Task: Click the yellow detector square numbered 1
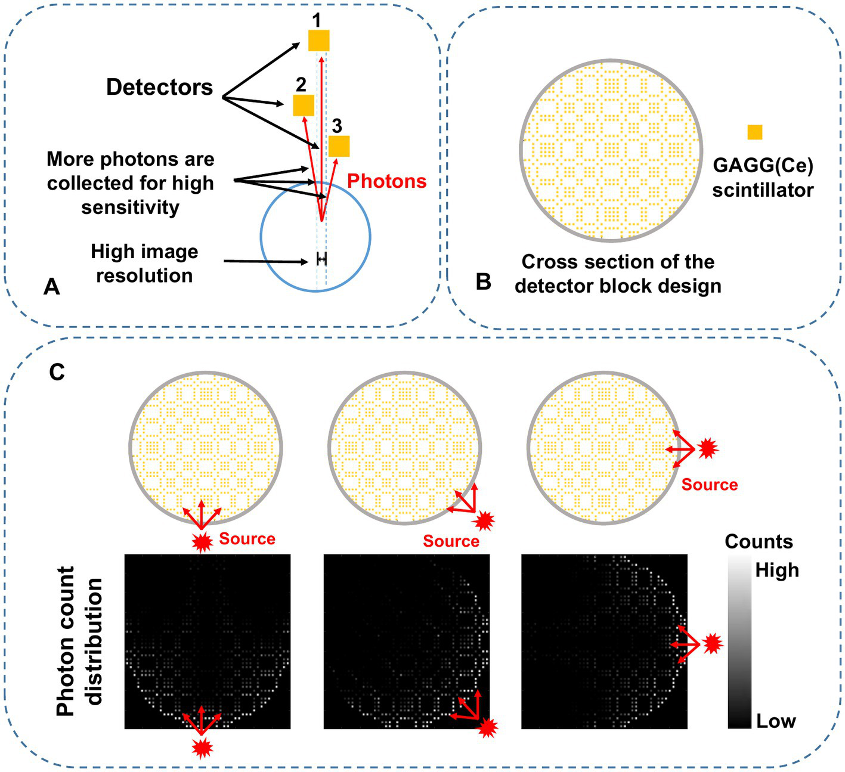[x=318, y=41]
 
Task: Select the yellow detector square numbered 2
[x=304, y=106]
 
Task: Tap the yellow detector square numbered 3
[x=339, y=146]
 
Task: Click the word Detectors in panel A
[x=159, y=88]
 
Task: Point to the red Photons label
[x=386, y=181]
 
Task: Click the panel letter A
[x=52, y=287]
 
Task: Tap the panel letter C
[x=57, y=372]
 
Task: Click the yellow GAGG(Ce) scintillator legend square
[x=754, y=132]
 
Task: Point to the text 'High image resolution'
[x=144, y=263]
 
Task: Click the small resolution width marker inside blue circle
[x=321, y=259]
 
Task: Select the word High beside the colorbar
[x=776, y=571]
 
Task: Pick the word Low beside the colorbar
[x=776, y=721]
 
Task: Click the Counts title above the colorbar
[x=759, y=541]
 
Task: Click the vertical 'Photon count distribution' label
[x=79, y=641]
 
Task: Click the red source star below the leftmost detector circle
[x=202, y=542]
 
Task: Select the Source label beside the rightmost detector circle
[x=710, y=485]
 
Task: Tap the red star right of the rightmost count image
[x=713, y=644]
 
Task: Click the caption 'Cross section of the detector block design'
[x=618, y=274]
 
